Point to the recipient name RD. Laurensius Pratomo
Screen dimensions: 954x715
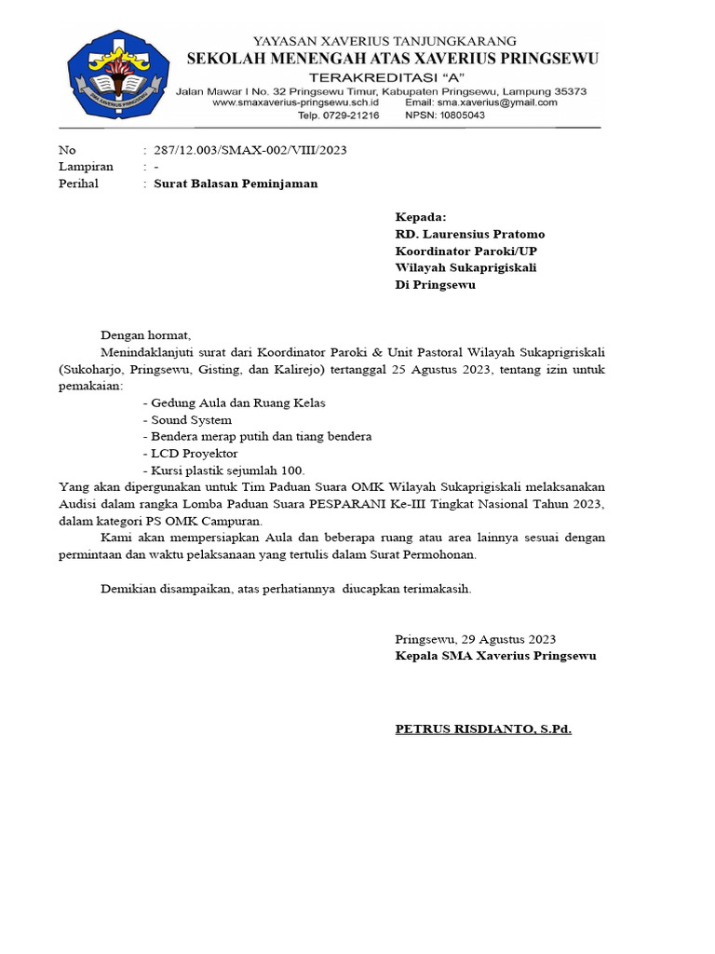[x=470, y=234]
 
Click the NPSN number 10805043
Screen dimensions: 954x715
[x=463, y=116]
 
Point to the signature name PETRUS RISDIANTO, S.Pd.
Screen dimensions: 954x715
[x=483, y=729]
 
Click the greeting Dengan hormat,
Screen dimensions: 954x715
[x=145, y=335]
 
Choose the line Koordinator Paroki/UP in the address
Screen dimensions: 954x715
[x=466, y=251]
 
